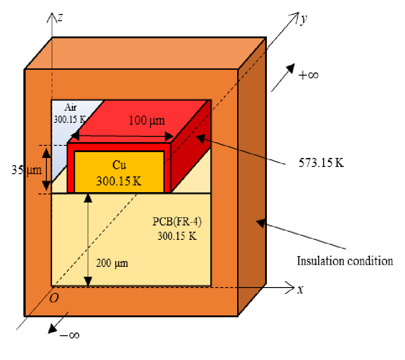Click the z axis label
59,17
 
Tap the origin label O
54,298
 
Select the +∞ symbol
308,75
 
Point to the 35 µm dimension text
27,170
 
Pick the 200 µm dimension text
112,263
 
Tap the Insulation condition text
345,261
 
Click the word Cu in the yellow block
119,165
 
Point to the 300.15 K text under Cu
119,181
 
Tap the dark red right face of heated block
191,148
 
